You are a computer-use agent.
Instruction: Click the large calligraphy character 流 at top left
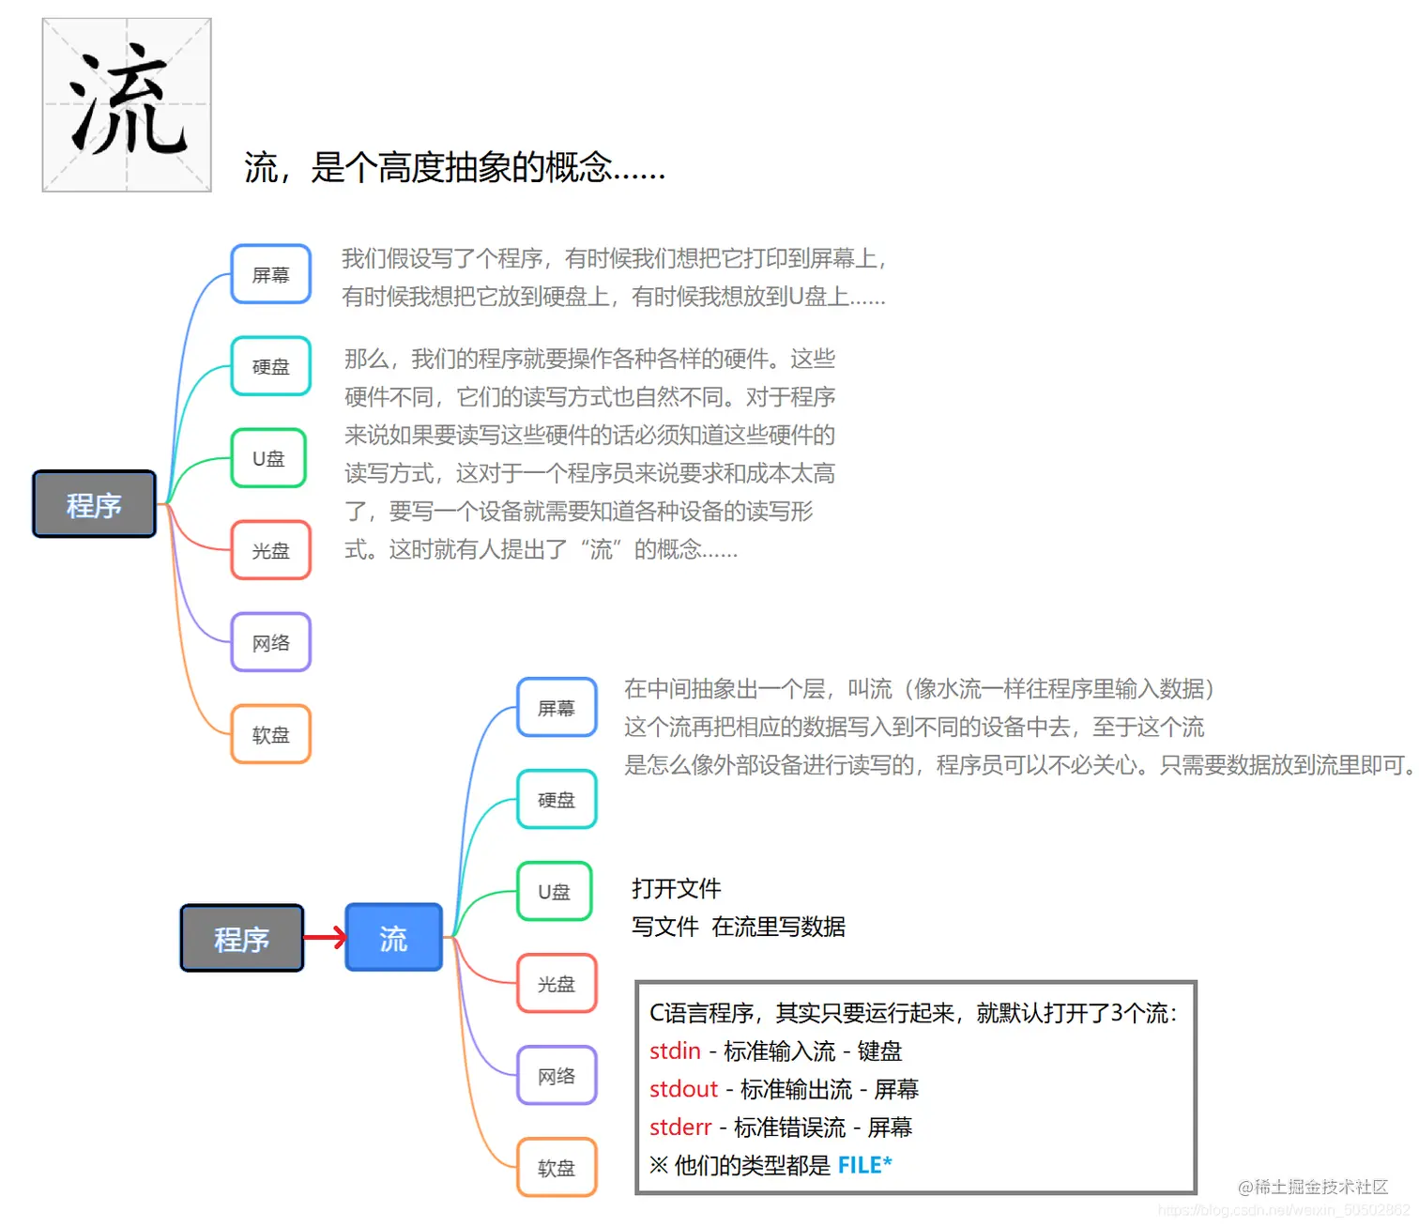[x=127, y=104]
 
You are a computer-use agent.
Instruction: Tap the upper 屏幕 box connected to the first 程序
[x=270, y=274]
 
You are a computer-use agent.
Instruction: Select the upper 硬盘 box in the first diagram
[x=270, y=366]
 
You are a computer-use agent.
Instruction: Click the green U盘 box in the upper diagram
[x=268, y=458]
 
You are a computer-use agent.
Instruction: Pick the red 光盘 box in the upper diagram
[x=270, y=550]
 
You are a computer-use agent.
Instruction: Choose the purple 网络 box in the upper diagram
[x=270, y=642]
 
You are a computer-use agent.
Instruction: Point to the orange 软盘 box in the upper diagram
[x=270, y=734]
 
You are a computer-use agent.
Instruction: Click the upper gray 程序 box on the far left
[x=94, y=504]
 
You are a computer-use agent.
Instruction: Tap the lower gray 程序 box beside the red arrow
[x=241, y=938]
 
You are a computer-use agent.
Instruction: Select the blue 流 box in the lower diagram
[x=393, y=937]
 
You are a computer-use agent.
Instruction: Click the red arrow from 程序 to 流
[x=325, y=937]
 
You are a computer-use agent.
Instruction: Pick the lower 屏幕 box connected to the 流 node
[x=557, y=708]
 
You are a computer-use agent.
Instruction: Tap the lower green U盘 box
[x=555, y=892]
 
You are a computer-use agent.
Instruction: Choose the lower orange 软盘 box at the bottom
[x=557, y=1168]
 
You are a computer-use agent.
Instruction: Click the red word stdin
[x=675, y=1051]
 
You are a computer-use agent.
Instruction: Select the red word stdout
[x=683, y=1089]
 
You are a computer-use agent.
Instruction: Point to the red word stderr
[x=680, y=1127]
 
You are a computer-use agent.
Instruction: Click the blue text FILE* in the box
[x=864, y=1165]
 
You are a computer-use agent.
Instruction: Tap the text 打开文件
[x=676, y=888]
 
